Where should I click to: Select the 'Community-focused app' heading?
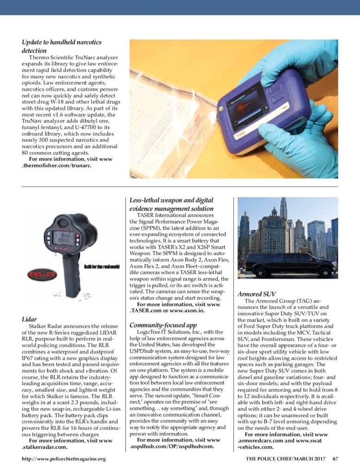162,325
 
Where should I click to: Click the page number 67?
335,459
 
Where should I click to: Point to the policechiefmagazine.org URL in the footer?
64,459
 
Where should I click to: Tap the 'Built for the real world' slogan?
102,266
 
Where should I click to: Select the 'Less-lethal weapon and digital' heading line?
171,200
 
